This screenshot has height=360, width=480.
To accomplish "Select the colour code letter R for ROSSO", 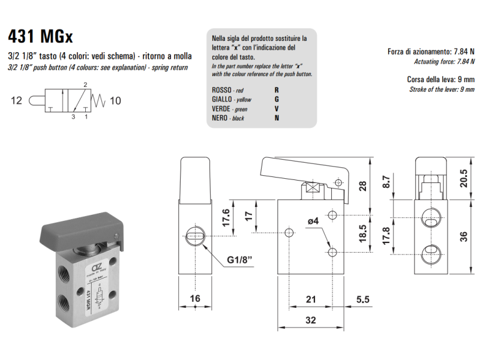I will tap(277, 89).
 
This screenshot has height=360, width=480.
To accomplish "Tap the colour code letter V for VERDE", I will tap(277, 109).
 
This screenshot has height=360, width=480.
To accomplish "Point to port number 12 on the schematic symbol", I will tap(16, 101).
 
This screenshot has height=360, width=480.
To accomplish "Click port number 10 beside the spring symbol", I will tap(115, 101).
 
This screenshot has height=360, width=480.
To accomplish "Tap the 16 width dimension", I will tap(196, 298).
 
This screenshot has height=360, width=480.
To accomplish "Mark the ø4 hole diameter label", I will tap(313, 221).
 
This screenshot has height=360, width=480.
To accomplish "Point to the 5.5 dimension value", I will tap(362, 298).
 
